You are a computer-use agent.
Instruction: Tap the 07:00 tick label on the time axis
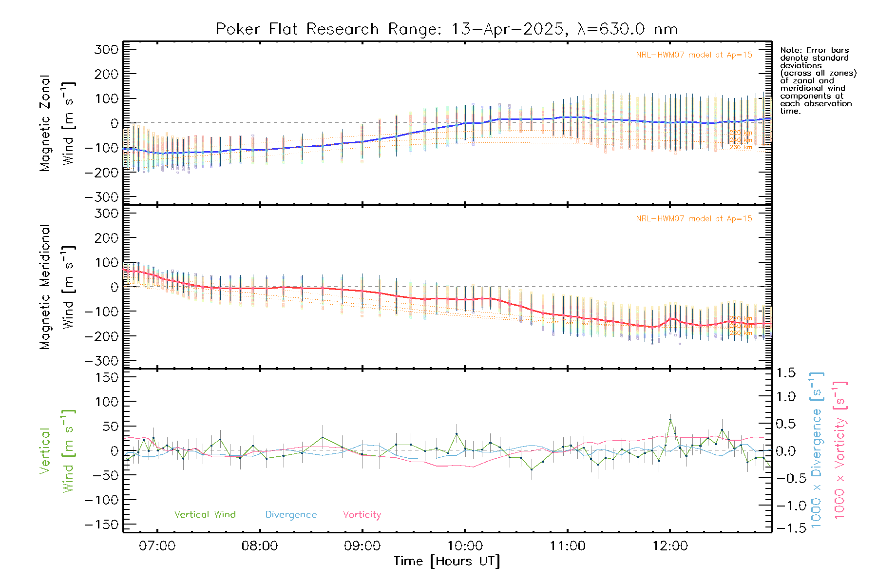157,546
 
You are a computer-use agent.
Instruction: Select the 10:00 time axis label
465,546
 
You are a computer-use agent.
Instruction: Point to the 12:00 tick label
670,546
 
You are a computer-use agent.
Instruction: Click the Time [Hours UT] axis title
447,562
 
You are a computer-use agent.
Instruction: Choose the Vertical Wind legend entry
205,515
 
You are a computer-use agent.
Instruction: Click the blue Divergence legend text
291,515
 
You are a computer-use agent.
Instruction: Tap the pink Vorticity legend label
362,515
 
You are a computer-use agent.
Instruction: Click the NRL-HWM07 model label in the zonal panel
694,55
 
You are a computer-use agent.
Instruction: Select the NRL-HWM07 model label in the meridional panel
694,219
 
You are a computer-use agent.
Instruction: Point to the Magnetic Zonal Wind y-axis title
57,123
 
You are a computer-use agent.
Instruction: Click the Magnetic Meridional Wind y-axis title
57,287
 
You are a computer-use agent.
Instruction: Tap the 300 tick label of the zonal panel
106,50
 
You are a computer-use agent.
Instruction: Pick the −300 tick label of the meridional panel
102,361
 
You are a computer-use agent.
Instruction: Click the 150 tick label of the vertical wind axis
106,377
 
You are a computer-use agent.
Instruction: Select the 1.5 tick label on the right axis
785,373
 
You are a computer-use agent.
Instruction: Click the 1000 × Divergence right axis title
817,449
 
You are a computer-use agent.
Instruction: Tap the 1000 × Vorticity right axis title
840,449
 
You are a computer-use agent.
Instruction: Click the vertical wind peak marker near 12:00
670,419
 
